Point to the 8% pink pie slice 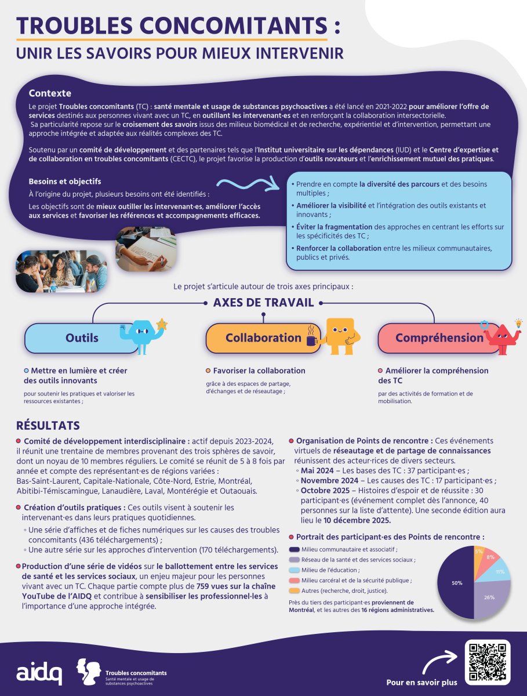click(x=490, y=556)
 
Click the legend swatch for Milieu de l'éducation click(x=294, y=570)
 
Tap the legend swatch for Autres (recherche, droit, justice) click(x=294, y=590)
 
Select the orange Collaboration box click(x=261, y=338)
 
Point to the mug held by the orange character click(x=312, y=340)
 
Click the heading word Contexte click(x=50, y=93)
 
